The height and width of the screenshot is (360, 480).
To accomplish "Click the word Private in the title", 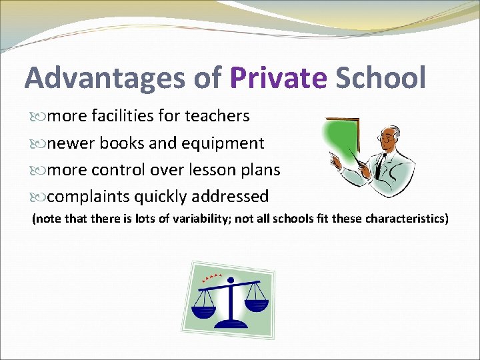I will click(278, 79).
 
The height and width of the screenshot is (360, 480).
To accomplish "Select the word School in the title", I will click(380, 79).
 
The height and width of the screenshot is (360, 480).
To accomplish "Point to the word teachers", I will click(217, 116).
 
